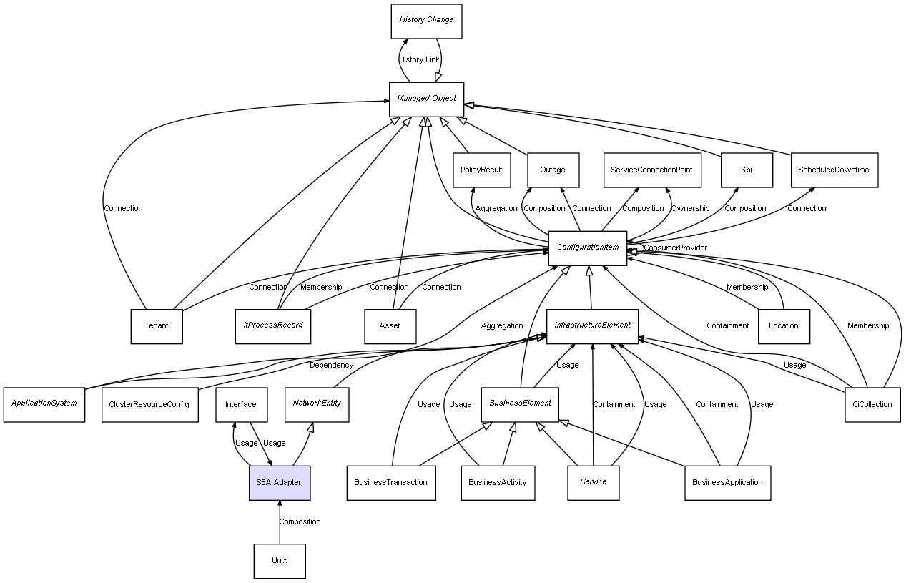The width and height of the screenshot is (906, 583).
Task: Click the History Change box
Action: click(426, 21)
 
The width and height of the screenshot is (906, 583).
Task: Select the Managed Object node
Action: click(426, 99)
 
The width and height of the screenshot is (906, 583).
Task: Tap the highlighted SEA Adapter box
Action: click(279, 483)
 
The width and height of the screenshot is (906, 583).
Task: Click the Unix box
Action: click(279, 561)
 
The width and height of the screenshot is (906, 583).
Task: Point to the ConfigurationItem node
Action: click(587, 248)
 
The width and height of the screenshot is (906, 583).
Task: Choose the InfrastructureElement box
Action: click(592, 325)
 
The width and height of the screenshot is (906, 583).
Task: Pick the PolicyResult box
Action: click(481, 170)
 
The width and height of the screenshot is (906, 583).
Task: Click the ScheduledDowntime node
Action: click(834, 170)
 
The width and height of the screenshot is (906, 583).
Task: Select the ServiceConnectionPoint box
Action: click(652, 170)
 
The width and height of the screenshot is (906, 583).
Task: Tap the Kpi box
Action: click(747, 170)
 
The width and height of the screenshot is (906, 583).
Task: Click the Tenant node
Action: click(157, 326)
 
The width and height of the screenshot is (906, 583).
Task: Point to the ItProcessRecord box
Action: click(272, 326)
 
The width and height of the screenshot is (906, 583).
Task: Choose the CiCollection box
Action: click(872, 405)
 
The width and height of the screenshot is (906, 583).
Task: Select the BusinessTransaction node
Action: click(390, 483)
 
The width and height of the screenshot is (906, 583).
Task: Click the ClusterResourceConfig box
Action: click(149, 405)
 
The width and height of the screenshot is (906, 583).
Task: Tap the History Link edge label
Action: click(419, 60)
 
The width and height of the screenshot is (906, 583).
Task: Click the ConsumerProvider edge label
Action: click(675, 248)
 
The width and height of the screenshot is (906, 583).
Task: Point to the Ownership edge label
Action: click(689, 209)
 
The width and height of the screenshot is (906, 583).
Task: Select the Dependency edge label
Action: click(331, 366)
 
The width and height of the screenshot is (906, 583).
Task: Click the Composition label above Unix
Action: click(300, 522)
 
